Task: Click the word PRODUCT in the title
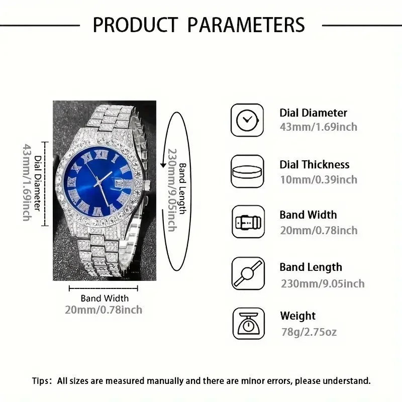coord(135,25)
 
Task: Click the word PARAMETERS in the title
coord(246,25)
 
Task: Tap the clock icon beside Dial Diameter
coord(247,120)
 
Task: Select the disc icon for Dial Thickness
coord(247,171)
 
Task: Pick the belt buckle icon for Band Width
coord(248,222)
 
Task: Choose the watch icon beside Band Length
coord(248,273)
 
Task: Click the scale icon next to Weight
coord(249,324)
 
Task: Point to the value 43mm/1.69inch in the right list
coord(319,127)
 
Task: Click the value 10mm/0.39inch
coord(319,180)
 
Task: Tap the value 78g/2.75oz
coord(309,332)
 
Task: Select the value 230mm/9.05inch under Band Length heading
coord(323,283)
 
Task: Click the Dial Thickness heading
coord(315,165)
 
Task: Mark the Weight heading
coord(297,316)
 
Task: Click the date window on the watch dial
coord(120,183)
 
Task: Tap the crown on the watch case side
coord(147,184)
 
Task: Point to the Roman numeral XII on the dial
coord(100,154)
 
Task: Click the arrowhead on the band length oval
coord(163,165)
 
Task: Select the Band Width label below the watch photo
coord(105,298)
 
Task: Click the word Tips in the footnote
coord(40,381)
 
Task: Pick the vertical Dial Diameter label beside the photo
coord(38,183)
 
